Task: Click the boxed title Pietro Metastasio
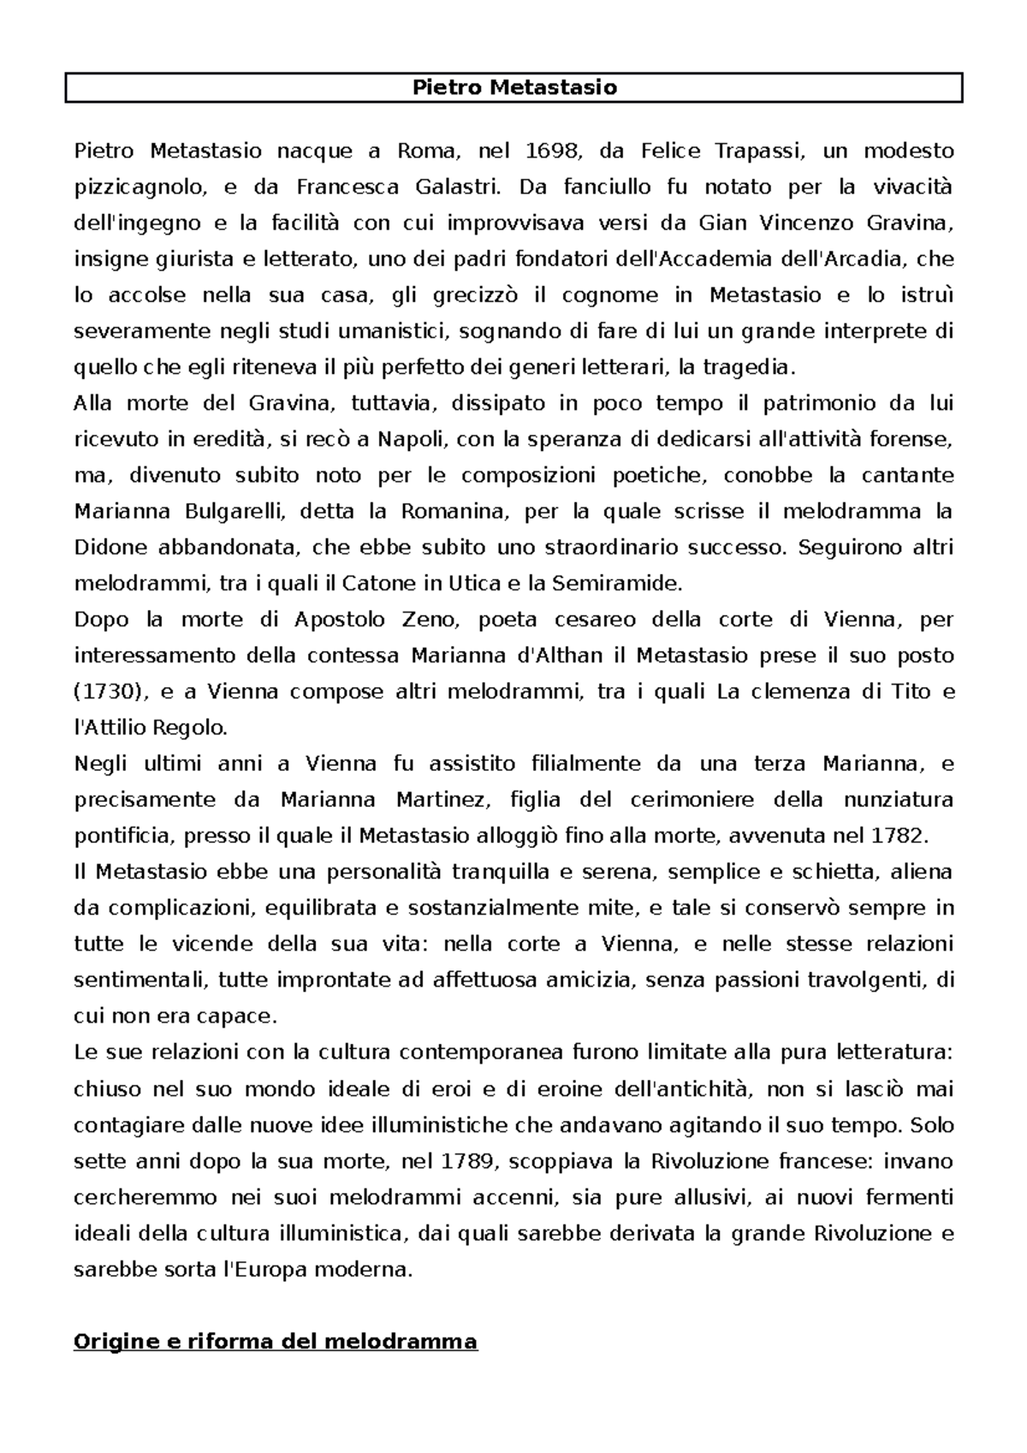[x=514, y=87]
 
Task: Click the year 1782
[x=898, y=835]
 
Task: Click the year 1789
[x=467, y=1161]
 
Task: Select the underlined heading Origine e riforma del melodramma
[x=276, y=1341]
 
